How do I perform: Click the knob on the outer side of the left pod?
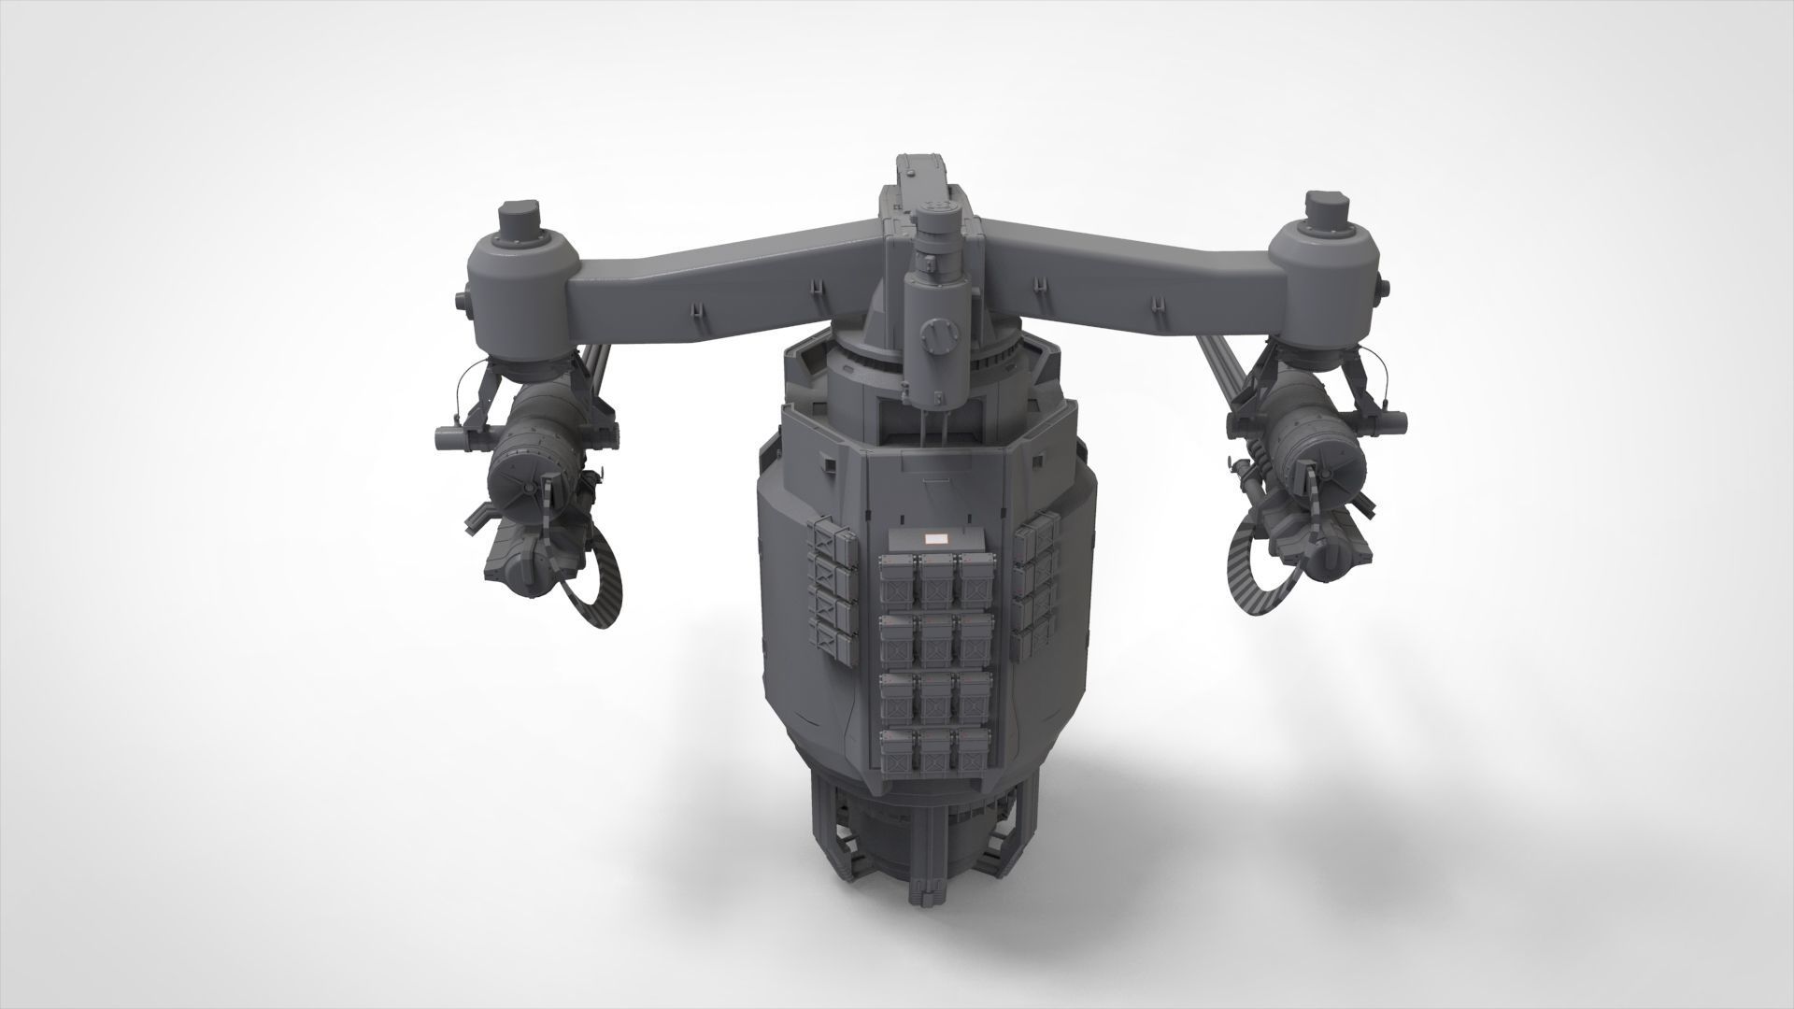tap(461, 301)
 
